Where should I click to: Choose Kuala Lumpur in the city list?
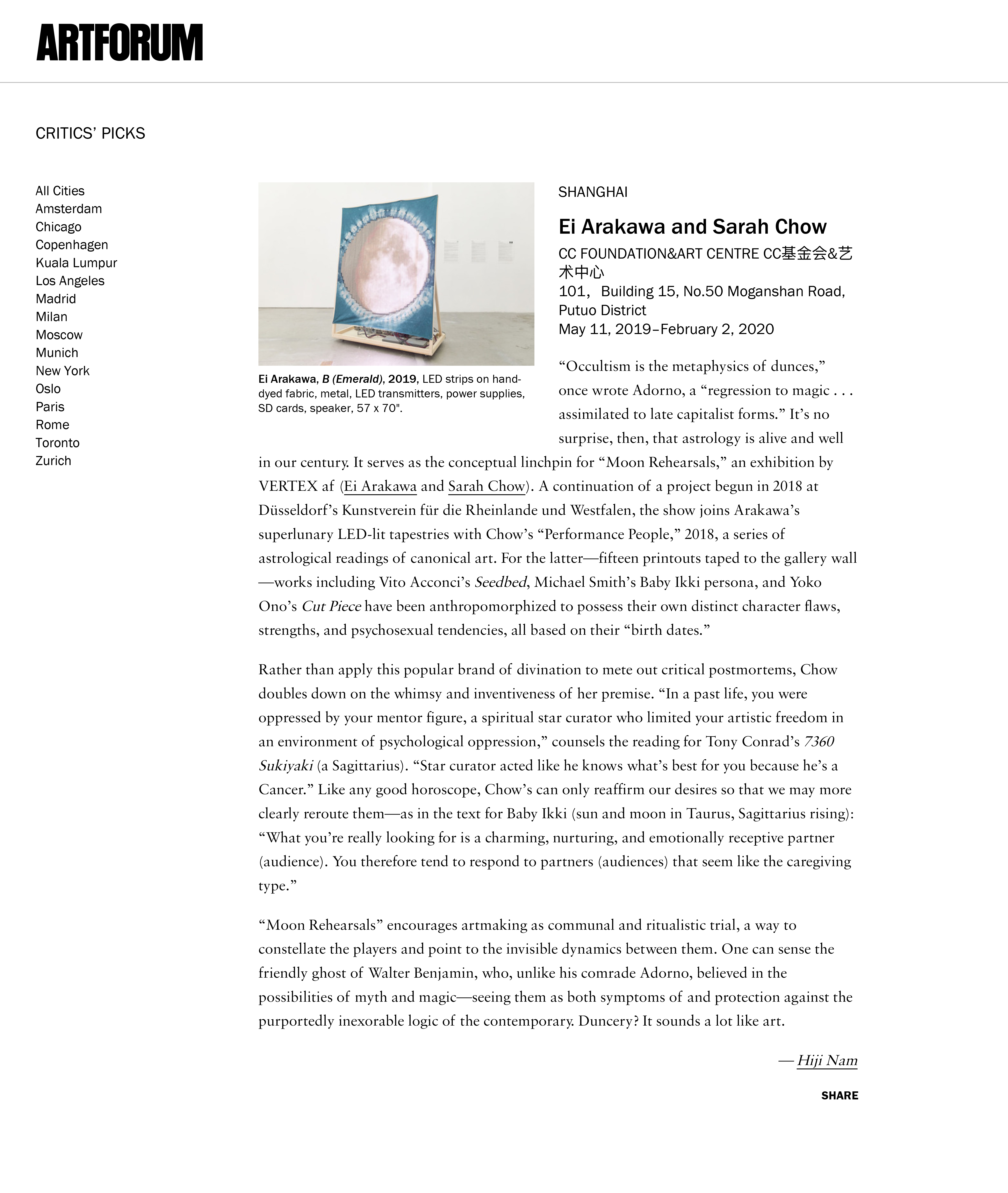coord(76,263)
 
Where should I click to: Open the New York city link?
coord(62,371)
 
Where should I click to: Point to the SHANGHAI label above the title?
coord(593,192)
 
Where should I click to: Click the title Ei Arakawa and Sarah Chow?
coord(692,227)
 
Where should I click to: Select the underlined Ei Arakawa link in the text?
coord(380,486)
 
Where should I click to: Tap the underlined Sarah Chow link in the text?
coord(486,486)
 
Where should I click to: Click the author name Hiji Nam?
coord(827,1061)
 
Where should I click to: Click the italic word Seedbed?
coord(501,582)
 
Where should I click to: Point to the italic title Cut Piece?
coord(331,606)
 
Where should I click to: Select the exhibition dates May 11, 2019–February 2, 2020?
coord(666,329)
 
